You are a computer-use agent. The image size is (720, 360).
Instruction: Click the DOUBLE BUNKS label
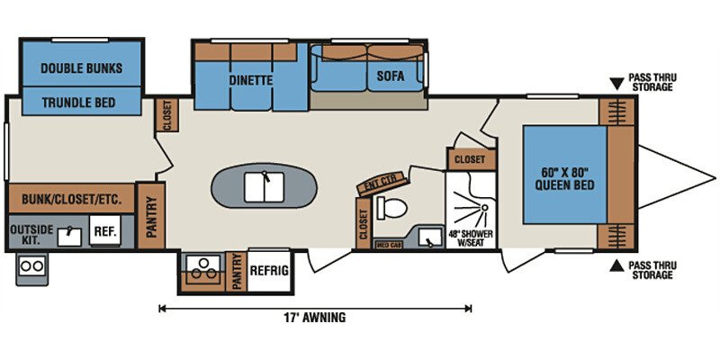pyautogui.click(x=81, y=68)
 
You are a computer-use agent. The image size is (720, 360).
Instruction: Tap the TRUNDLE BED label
pyautogui.click(x=81, y=103)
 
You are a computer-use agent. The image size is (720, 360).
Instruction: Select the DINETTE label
pyautogui.click(x=250, y=80)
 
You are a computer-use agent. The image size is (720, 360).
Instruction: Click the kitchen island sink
pyautogui.click(x=265, y=188)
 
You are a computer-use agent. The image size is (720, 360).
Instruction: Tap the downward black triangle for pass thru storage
pyautogui.click(x=616, y=84)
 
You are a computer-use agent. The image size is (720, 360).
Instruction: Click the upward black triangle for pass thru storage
pyautogui.click(x=616, y=265)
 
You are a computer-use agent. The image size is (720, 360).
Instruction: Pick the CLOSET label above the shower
pyautogui.click(x=469, y=159)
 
